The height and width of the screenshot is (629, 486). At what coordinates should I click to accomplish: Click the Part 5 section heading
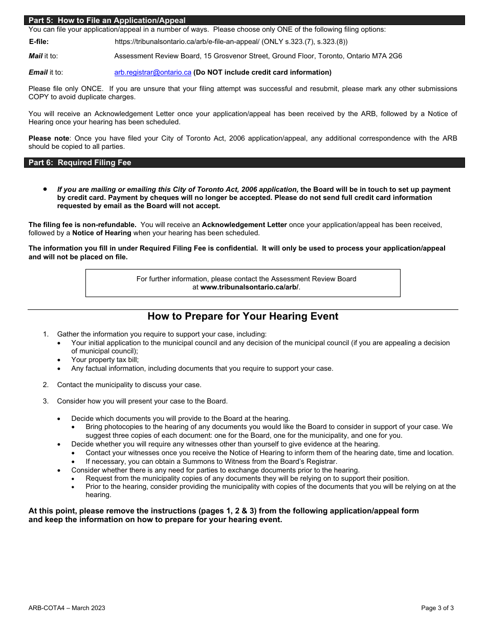[x=107, y=20]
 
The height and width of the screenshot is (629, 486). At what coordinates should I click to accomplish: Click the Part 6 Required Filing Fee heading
[x=80, y=163]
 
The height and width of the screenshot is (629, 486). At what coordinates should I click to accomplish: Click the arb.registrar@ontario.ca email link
[x=152, y=73]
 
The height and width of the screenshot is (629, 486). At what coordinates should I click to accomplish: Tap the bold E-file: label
[x=39, y=42]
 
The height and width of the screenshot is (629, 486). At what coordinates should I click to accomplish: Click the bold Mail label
[x=35, y=56]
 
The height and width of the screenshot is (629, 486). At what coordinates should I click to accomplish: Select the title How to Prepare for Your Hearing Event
[x=242, y=316]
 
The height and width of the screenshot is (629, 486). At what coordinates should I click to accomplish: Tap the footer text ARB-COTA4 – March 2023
[x=67, y=608]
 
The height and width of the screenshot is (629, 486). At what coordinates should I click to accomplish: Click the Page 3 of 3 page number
[x=437, y=608]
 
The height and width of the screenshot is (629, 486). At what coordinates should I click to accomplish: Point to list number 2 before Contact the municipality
[x=46, y=385]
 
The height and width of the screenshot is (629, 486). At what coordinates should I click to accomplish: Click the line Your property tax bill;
[x=105, y=360]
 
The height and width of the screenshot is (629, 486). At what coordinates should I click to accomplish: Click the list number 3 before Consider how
[x=46, y=401]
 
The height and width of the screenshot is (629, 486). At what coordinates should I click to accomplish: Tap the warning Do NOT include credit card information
[x=262, y=73]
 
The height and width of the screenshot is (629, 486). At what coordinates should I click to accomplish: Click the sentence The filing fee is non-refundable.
[x=82, y=224]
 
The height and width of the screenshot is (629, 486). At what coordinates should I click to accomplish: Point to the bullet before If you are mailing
[x=46, y=189]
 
